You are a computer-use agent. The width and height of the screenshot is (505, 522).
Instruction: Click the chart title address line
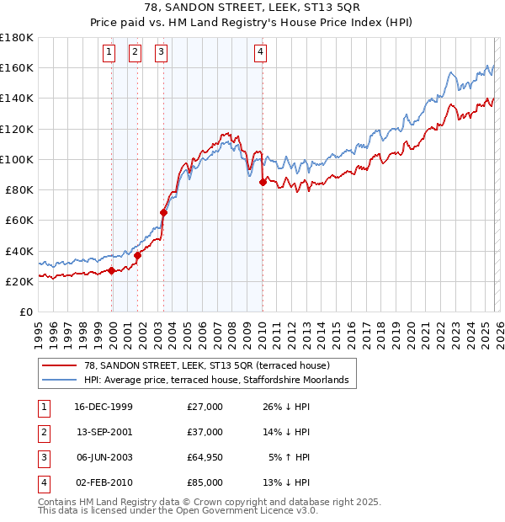click(252, 8)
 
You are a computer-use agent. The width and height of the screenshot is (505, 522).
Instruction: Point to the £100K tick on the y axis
click(17, 159)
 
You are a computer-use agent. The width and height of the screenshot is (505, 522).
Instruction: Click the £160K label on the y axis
click(17, 67)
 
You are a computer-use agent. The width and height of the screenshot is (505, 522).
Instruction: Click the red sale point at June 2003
click(163, 213)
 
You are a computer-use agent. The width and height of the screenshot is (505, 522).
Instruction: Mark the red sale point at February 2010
click(263, 182)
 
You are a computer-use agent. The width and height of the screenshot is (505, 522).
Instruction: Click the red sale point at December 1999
click(112, 271)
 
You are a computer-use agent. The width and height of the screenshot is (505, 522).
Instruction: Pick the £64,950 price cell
click(205, 457)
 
